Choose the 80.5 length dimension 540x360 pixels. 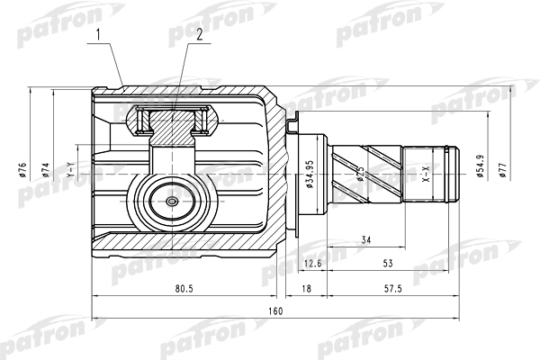(x=184, y=289)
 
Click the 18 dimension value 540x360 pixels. (x=306, y=289)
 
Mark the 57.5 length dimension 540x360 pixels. (x=393, y=289)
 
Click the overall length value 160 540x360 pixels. (x=275, y=311)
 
